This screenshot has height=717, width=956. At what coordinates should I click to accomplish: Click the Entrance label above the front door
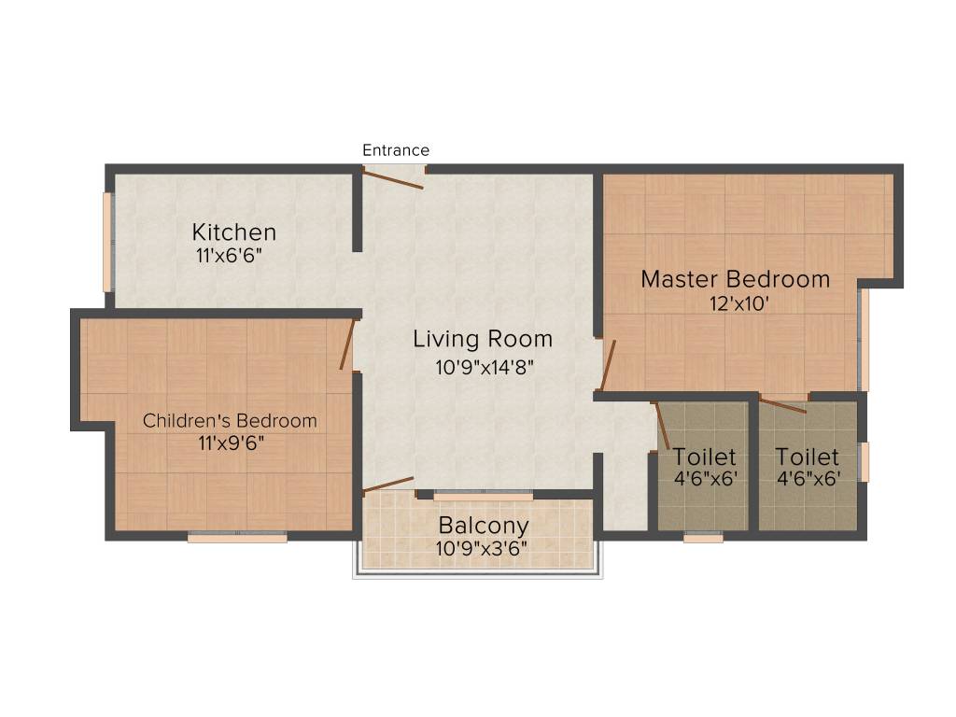click(x=396, y=150)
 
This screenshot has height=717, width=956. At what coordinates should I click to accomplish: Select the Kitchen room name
click(x=234, y=232)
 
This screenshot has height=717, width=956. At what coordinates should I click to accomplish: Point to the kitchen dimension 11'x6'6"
click(x=229, y=256)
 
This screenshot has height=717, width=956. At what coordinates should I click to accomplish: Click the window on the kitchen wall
click(x=108, y=242)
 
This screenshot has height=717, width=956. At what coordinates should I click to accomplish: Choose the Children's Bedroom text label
click(x=230, y=421)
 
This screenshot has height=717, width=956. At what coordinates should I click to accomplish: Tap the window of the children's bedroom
click(x=237, y=537)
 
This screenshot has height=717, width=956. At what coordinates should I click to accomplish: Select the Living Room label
click(x=483, y=339)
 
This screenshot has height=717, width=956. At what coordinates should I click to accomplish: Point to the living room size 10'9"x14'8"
click(x=483, y=368)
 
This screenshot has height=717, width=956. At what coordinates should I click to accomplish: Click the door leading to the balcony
click(x=388, y=484)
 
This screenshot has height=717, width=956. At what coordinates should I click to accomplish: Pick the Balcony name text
click(x=484, y=526)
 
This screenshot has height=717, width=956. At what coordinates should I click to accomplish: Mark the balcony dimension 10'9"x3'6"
click(x=482, y=549)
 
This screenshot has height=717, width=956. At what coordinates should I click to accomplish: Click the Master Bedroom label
click(x=735, y=279)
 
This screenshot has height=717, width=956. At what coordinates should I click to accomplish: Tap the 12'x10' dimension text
click(x=739, y=303)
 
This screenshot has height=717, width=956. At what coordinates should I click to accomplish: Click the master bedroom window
click(x=864, y=339)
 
